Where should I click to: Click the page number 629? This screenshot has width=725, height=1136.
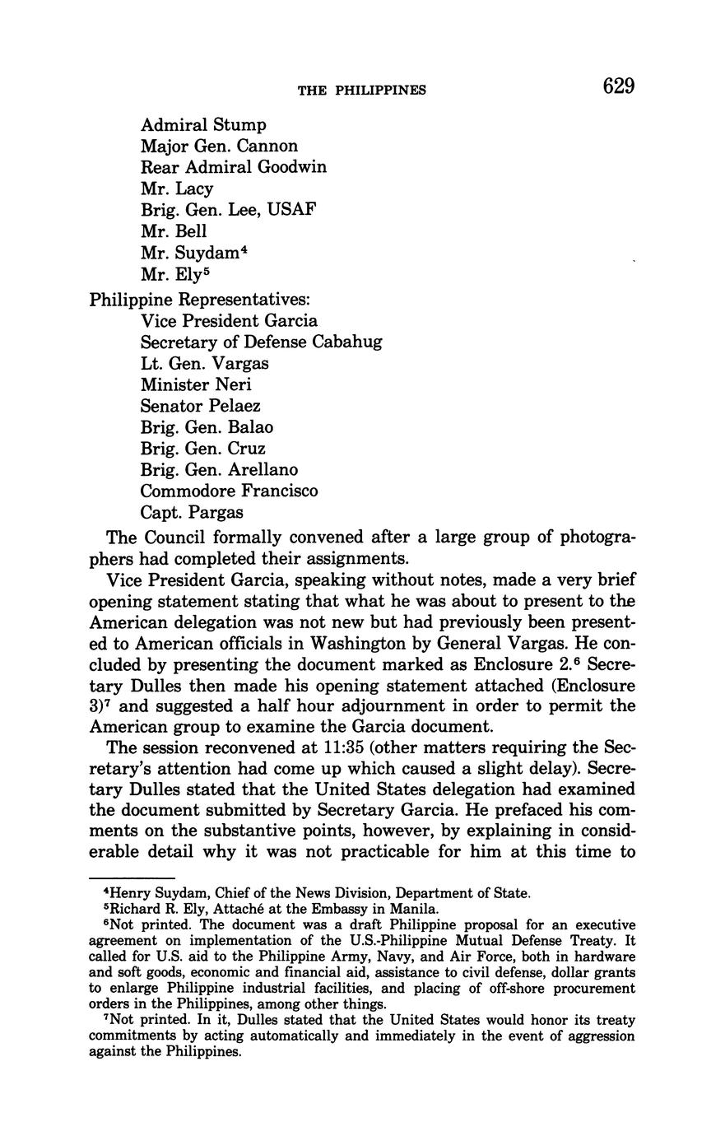[x=618, y=86]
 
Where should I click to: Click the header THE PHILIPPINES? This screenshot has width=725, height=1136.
[x=361, y=90]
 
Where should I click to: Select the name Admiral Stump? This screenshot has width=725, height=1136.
[x=203, y=125]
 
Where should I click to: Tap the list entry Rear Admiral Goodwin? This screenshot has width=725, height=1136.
[x=233, y=167]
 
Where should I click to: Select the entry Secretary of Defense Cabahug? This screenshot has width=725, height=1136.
[x=261, y=342]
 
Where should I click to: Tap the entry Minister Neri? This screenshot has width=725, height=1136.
[x=196, y=384]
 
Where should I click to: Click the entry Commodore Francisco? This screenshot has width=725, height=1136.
[x=229, y=491]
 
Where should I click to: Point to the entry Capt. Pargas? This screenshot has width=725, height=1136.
[x=192, y=513]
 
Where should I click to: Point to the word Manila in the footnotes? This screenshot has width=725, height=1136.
[x=416, y=910]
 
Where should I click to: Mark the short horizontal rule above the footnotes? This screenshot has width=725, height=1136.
[x=132, y=878]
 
